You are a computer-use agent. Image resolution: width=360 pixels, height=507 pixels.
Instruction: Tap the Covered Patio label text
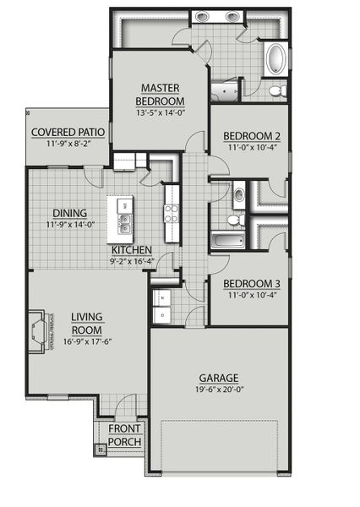[x=68, y=132]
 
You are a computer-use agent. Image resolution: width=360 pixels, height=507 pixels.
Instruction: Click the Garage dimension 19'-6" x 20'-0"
[x=219, y=390]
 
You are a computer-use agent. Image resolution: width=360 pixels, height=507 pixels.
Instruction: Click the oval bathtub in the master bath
[x=275, y=59]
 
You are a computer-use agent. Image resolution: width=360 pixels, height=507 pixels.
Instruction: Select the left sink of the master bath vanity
[x=203, y=16]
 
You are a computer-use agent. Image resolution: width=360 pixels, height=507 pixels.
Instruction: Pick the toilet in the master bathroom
[x=275, y=90]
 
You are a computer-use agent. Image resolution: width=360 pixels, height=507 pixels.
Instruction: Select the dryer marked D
[x=162, y=315]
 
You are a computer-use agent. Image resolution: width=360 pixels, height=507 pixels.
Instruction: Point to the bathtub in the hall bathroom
[x=227, y=242]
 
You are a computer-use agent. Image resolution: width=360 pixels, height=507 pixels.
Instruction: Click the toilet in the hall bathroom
[x=236, y=220]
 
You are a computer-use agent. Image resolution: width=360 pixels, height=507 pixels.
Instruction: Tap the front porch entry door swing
[x=126, y=406]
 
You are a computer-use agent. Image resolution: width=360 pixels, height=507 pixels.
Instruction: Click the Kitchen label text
[x=132, y=250]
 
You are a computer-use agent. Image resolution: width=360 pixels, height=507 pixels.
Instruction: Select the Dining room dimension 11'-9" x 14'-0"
[x=69, y=225]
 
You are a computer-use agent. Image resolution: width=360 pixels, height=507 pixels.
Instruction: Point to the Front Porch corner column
[x=101, y=450]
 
